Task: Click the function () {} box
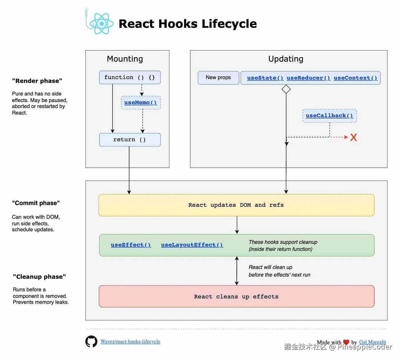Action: [x=130, y=77]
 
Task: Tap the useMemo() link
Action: [x=140, y=103]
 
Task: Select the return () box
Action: [x=130, y=140]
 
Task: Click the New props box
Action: [x=218, y=78]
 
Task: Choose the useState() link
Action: [x=265, y=78]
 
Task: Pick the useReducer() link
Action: [x=308, y=78]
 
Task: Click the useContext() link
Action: [x=355, y=78]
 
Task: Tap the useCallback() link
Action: [x=329, y=116]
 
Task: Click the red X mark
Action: [x=353, y=137]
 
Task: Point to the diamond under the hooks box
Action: [x=286, y=89]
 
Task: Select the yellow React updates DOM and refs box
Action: [x=236, y=205]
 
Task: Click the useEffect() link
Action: [x=131, y=245]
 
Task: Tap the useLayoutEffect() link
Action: [x=192, y=245]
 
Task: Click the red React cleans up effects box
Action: [x=236, y=296]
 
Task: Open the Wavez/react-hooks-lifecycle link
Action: [x=130, y=341]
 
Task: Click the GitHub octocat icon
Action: [x=91, y=341]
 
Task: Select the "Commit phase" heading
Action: [x=36, y=203]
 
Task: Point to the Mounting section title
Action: [x=125, y=59]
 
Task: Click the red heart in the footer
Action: [x=346, y=342]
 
